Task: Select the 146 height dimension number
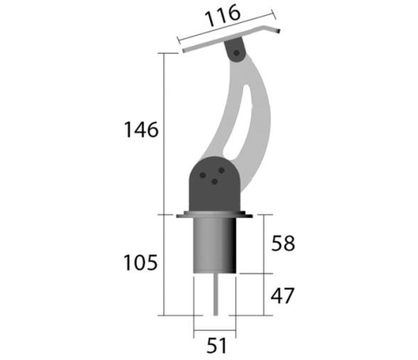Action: coord(141,131)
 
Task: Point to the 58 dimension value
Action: coord(282,243)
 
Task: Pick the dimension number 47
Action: coord(282,295)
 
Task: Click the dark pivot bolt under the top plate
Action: coord(234,51)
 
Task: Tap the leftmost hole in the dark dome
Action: coord(203,174)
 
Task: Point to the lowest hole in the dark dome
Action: coord(214,181)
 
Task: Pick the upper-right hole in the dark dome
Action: coord(221,169)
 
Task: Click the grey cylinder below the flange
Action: coord(214,245)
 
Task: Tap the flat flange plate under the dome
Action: coord(214,215)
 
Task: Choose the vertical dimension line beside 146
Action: coord(164,132)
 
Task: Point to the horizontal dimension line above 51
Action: coord(213,332)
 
